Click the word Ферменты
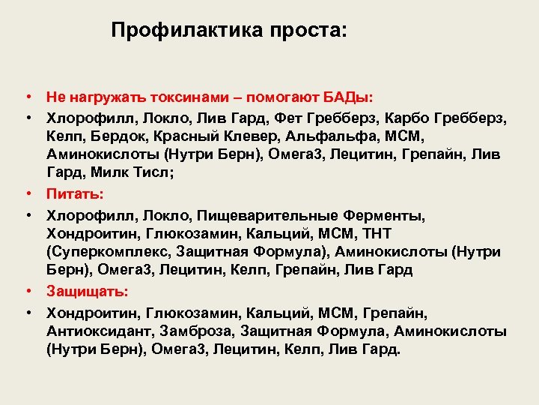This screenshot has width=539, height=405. tap(387, 215)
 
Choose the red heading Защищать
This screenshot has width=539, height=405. tap(87, 291)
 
